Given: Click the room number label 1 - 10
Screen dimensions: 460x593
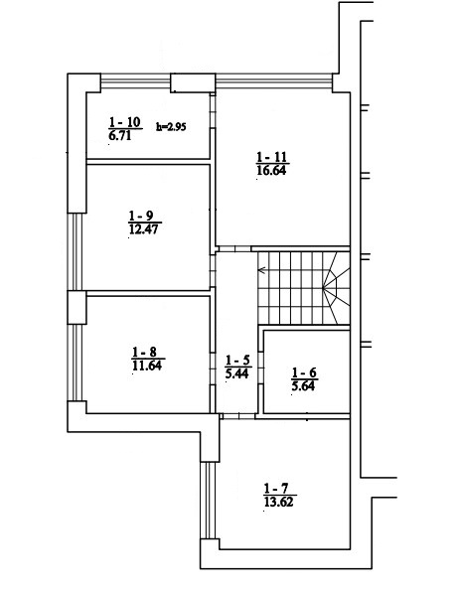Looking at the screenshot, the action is click(x=124, y=122).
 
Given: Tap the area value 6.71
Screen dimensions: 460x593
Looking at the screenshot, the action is click(x=120, y=135).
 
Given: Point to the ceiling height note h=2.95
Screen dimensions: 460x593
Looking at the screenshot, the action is click(x=171, y=127).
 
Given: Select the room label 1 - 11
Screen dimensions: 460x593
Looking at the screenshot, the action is click(x=272, y=157).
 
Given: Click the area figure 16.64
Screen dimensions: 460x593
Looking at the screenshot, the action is click(x=271, y=170).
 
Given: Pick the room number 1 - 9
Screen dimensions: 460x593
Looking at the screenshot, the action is click(x=141, y=216).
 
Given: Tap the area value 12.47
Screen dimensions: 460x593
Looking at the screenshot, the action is click(x=143, y=229).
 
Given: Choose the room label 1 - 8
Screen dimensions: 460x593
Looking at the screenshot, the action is click(x=144, y=353).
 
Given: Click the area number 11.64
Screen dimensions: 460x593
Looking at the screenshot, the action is click(x=147, y=366).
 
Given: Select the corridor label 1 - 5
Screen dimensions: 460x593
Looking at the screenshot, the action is click(x=237, y=360).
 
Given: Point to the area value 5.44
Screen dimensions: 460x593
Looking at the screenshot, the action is click(x=236, y=373).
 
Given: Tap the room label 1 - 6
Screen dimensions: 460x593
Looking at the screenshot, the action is click(x=304, y=372).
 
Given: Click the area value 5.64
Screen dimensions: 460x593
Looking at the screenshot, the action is click(x=303, y=386).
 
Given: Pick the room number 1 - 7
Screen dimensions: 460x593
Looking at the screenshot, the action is click(x=276, y=489).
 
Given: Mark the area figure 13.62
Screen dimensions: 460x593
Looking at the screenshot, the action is click(x=279, y=502).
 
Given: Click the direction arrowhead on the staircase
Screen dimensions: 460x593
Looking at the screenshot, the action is click(x=261, y=270).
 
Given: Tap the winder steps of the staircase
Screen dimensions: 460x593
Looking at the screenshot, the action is click(x=336, y=288).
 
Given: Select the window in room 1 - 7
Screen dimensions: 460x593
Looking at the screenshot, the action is click(x=208, y=500).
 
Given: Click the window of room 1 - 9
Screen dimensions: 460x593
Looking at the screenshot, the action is click(x=77, y=252).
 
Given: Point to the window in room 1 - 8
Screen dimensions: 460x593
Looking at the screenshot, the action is click(x=77, y=363).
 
